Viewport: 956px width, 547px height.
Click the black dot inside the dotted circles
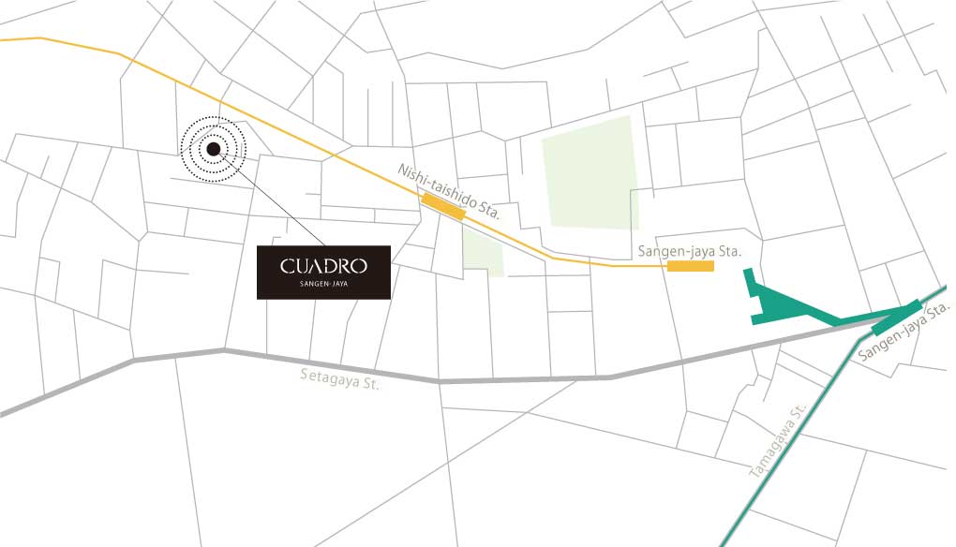[214, 148]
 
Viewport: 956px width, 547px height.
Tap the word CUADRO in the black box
[323, 267]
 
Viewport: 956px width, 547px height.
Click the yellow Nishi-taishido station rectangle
[443, 206]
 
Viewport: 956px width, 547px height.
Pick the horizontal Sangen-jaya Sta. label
[689, 251]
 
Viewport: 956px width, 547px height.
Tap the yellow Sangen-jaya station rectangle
[691, 266]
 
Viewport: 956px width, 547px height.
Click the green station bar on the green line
[894, 317]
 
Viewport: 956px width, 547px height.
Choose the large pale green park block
[590, 174]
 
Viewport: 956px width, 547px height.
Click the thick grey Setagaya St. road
[525, 379]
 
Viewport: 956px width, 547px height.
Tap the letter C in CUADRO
[287, 267]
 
